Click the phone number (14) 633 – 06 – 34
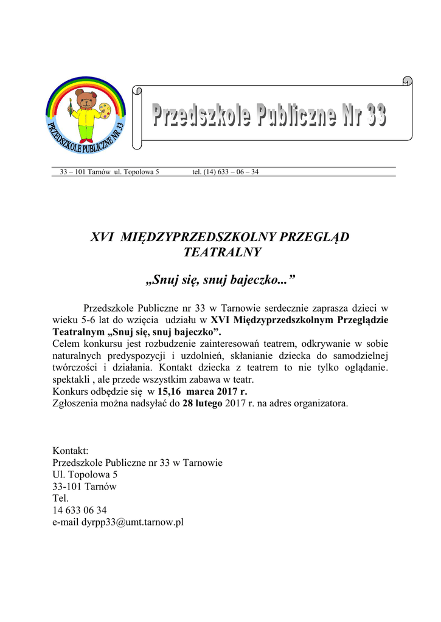225,172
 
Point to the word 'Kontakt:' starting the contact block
71,451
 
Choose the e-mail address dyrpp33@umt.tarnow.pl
119,522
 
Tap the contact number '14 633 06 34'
80,510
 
